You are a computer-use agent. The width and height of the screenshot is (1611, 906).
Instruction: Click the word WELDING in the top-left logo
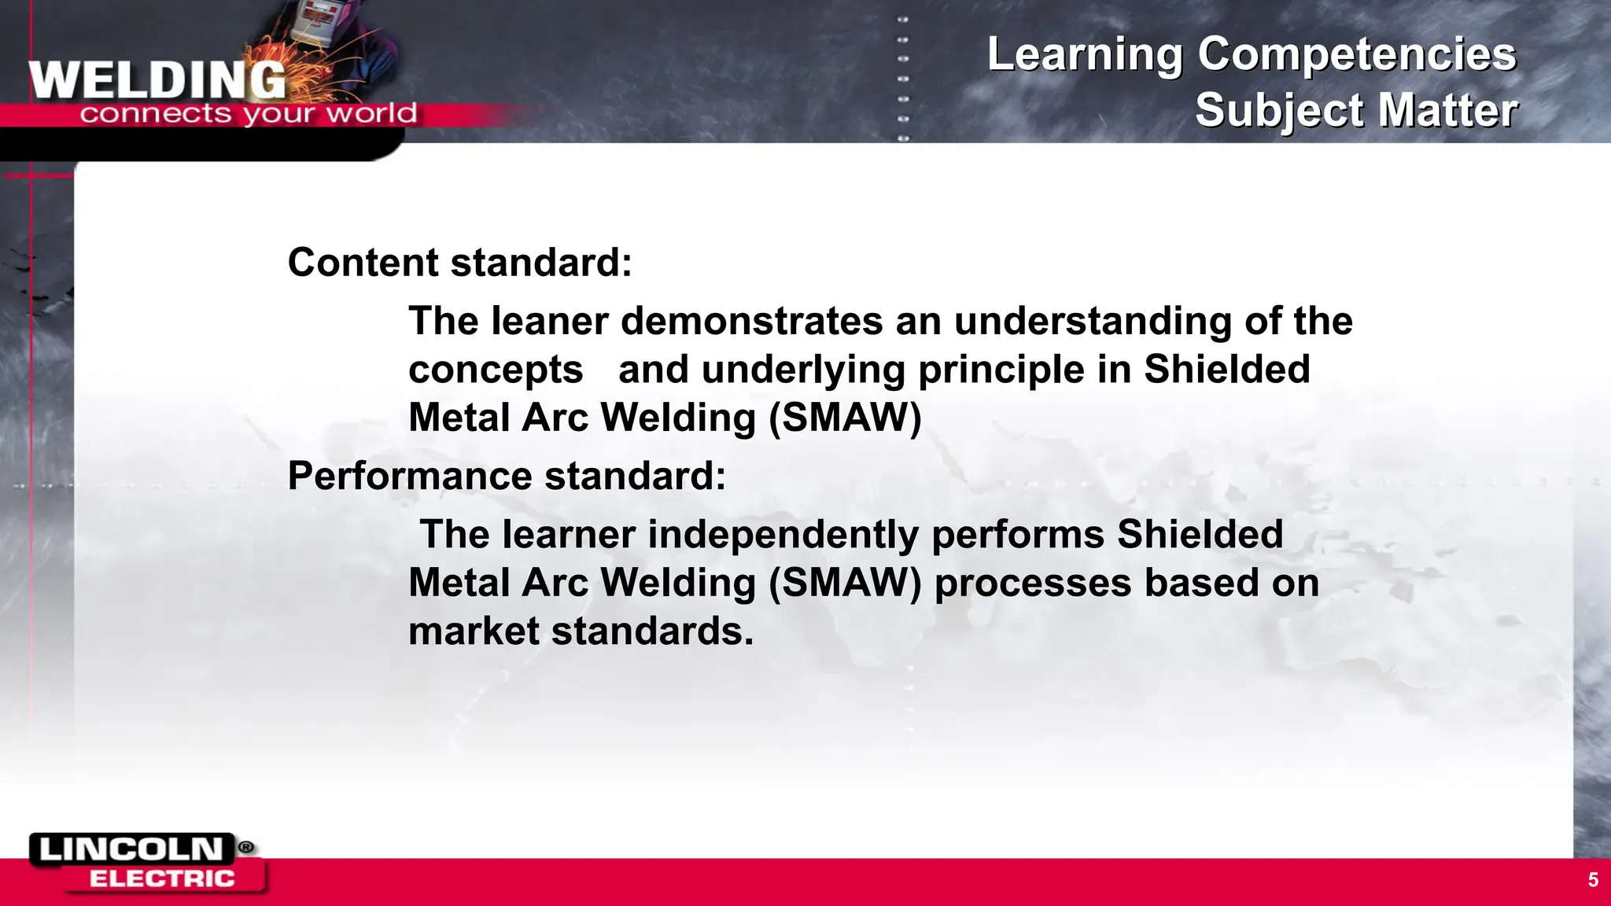[x=157, y=80]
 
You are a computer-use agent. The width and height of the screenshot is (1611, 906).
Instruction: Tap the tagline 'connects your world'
[x=248, y=114]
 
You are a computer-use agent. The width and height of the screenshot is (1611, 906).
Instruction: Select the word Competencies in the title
[x=1356, y=55]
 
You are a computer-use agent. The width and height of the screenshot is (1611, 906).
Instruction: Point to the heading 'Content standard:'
[x=459, y=263]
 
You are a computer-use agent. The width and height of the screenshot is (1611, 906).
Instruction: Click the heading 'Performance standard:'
[x=507, y=476]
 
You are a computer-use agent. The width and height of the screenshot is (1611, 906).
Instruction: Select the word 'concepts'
[x=496, y=370]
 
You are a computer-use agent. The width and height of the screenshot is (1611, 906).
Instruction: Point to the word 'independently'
[x=783, y=535]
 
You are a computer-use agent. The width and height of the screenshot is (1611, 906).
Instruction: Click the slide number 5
[x=1593, y=880]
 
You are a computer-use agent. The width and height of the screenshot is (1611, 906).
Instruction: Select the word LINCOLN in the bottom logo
[x=131, y=849]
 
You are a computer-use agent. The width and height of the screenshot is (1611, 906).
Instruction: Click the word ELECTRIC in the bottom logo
[x=162, y=878]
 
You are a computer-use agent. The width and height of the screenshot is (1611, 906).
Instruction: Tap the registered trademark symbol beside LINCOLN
[x=246, y=847]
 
